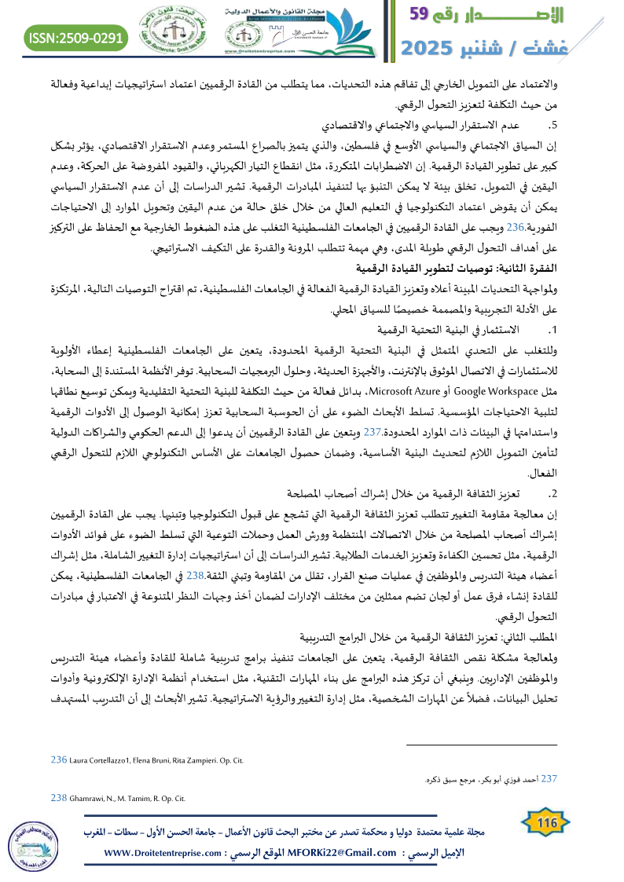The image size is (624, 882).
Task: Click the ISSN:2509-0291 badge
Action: pos(76,38)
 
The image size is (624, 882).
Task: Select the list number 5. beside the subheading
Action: pos(553,125)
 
